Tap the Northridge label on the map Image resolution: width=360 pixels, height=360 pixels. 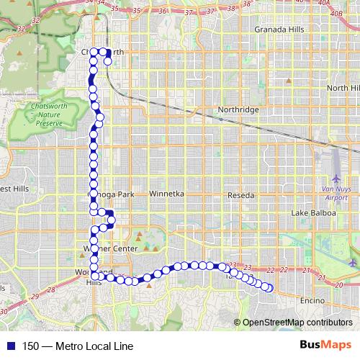[238, 109]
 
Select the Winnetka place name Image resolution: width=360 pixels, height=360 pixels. [167, 194]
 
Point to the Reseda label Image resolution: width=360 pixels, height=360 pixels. [240, 195]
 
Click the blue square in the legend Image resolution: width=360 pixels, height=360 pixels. [8, 346]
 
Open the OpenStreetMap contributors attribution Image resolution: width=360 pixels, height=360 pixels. [297, 322]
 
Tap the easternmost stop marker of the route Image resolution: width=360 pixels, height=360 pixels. [270, 288]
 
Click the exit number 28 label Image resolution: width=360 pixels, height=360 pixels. [51, 289]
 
